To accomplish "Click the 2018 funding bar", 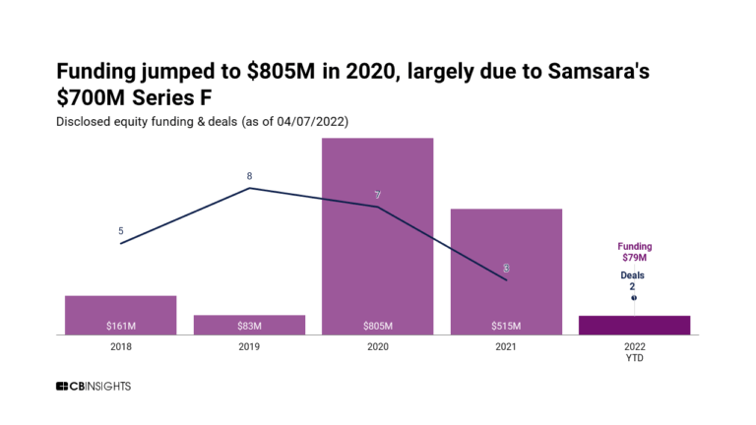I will pyautogui.click(x=120, y=314).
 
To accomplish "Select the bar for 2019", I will pyautogui.click(x=249, y=324).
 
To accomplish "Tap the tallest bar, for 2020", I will pyautogui.click(x=377, y=236).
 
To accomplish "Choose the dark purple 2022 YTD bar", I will pyautogui.click(x=634, y=325).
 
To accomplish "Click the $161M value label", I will pyautogui.click(x=120, y=326).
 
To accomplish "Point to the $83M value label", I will pyautogui.click(x=249, y=326).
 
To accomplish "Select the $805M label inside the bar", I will pyautogui.click(x=377, y=326).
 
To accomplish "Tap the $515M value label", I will pyautogui.click(x=506, y=326).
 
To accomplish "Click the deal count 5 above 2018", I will pyautogui.click(x=121, y=231).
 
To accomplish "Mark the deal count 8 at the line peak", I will pyautogui.click(x=249, y=176).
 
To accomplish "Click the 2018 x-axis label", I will pyautogui.click(x=120, y=346).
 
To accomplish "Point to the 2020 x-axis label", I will pyautogui.click(x=377, y=346).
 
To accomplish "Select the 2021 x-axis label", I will pyautogui.click(x=506, y=346).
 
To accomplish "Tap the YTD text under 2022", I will pyautogui.click(x=635, y=358).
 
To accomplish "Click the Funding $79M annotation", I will pyautogui.click(x=634, y=252).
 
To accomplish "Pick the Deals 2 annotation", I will pyautogui.click(x=633, y=281).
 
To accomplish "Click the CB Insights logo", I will pyautogui.click(x=93, y=387).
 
